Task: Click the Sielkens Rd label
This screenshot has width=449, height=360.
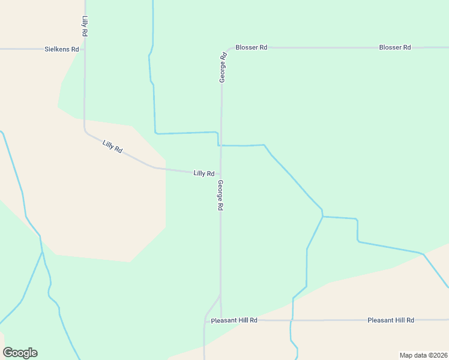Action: point(62,49)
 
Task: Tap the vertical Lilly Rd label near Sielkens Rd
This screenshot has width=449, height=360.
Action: point(85,27)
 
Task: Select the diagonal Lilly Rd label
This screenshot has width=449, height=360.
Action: point(112,146)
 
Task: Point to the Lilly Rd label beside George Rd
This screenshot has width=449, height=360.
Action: point(204,173)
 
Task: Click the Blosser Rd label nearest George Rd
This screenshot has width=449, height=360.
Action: point(251,47)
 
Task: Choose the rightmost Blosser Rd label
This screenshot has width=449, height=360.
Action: point(394,47)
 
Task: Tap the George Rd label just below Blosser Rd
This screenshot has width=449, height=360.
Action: point(222,67)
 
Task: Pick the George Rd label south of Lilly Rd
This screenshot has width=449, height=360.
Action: point(220,195)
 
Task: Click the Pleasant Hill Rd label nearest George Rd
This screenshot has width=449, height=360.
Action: point(234,320)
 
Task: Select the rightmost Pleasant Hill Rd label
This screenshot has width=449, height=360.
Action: point(390,320)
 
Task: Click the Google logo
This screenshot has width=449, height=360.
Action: point(20,353)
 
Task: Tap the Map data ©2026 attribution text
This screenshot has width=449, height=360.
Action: point(423,355)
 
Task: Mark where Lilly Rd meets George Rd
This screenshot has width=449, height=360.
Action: point(220,174)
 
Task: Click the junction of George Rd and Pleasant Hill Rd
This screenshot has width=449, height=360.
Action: point(221,320)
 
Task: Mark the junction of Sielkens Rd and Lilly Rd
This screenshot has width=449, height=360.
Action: point(84,49)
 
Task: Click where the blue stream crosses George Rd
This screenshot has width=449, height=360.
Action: point(221,145)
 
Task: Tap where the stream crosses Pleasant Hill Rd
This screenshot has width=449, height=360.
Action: point(292,320)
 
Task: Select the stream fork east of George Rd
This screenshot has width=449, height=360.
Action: point(323,217)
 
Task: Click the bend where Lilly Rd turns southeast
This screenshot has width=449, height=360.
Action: point(85,130)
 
